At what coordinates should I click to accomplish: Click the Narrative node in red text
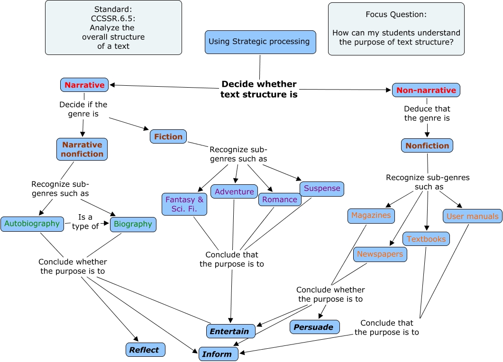(84, 85)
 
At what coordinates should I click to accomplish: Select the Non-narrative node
(426, 90)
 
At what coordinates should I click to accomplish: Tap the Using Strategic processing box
(260, 42)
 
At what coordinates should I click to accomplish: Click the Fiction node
(168, 136)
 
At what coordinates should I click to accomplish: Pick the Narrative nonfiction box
(82, 149)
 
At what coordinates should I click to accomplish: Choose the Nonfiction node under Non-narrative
(427, 145)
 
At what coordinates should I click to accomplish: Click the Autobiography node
(32, 224)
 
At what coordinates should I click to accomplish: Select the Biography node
(133, 224)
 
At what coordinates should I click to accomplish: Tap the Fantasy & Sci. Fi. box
(184, 204)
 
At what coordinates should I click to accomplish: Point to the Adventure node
(234, 191)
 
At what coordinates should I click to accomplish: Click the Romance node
(280, 199)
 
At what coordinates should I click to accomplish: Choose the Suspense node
(322, 189)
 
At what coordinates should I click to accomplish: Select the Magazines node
(371, 216)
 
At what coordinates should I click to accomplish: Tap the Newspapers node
(380, 254)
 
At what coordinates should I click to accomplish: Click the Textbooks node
(426, 239)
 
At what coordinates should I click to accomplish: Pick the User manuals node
(472, 216)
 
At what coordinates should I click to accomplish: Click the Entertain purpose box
(230, 331)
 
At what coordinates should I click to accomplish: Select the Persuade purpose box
(314, 327)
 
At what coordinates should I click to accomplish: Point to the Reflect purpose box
(145, 350)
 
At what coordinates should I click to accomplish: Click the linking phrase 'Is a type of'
(85, 221)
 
